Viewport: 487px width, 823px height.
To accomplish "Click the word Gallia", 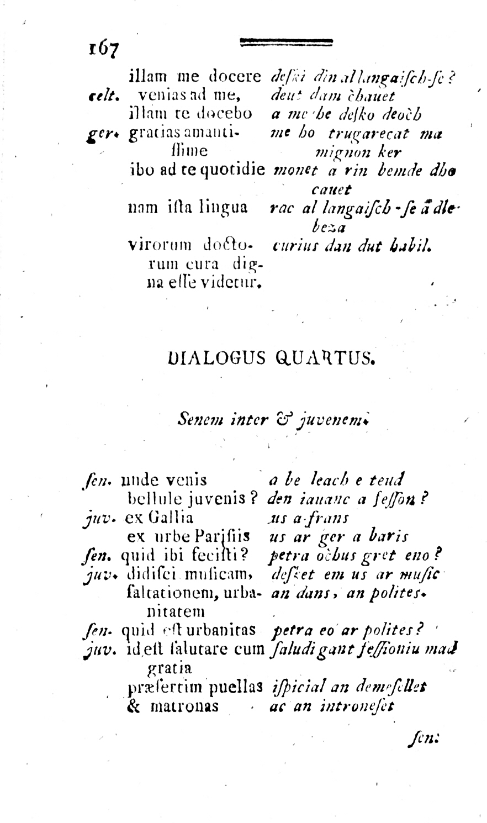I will click(x=169, y=518).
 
